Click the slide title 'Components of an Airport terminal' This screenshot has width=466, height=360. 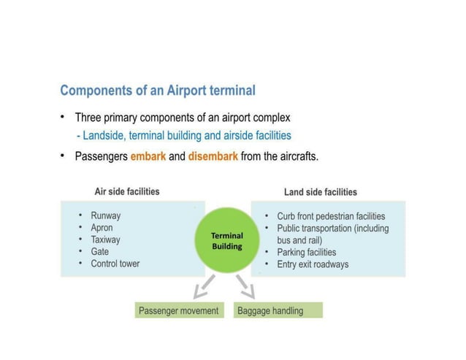click(x=158, y=91)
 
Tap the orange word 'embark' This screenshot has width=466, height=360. click(x=148, y=156)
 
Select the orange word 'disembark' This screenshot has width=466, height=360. click(x=213, y=156)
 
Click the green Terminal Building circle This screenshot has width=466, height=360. click(x=227, y=240)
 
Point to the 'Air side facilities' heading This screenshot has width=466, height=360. click(x=127, y=192)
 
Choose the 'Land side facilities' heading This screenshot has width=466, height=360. click(x=320, y=192)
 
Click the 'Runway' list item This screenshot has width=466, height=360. click(x=106, y=216)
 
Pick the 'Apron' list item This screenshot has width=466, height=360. click(x=102, y=228)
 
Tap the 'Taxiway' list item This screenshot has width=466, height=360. click(x=105, y=240)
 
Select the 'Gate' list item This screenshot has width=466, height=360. click(x=99, y=251)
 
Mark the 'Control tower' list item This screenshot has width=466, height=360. click(x=115, y=264)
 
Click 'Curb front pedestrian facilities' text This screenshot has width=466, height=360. click(x=331, y=217)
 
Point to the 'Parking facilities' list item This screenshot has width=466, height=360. click(x=307, y=253)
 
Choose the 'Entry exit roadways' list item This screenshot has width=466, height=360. click(x=313, y=264)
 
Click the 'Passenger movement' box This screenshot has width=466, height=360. click(x=179, y=310)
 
